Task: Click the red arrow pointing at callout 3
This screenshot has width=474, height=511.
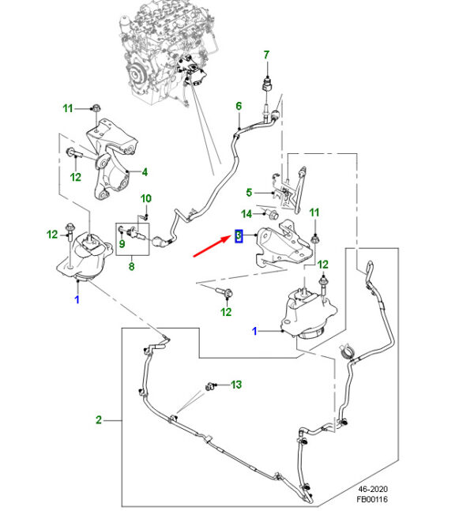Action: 213,246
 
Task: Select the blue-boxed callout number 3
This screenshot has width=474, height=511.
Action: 239,235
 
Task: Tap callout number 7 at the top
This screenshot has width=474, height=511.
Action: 266,54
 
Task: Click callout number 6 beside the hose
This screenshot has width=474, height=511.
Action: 239,106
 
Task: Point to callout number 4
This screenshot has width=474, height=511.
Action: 145,172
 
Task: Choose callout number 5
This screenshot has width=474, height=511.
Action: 249,193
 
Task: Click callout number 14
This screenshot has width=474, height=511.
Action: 246,214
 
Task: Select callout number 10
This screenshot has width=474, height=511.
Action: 145,198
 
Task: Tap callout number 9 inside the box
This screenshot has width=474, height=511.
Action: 122,243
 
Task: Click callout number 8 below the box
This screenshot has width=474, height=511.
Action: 131,267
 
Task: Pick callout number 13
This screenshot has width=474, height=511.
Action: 236,385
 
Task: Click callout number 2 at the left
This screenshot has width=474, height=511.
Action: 99,419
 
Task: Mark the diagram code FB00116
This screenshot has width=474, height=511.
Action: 372,499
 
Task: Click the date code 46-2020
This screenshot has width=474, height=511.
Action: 373,489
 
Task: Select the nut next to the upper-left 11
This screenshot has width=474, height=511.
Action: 96,107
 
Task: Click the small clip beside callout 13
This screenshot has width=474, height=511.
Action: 209,387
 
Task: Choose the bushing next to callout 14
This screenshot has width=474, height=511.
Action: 273,215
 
